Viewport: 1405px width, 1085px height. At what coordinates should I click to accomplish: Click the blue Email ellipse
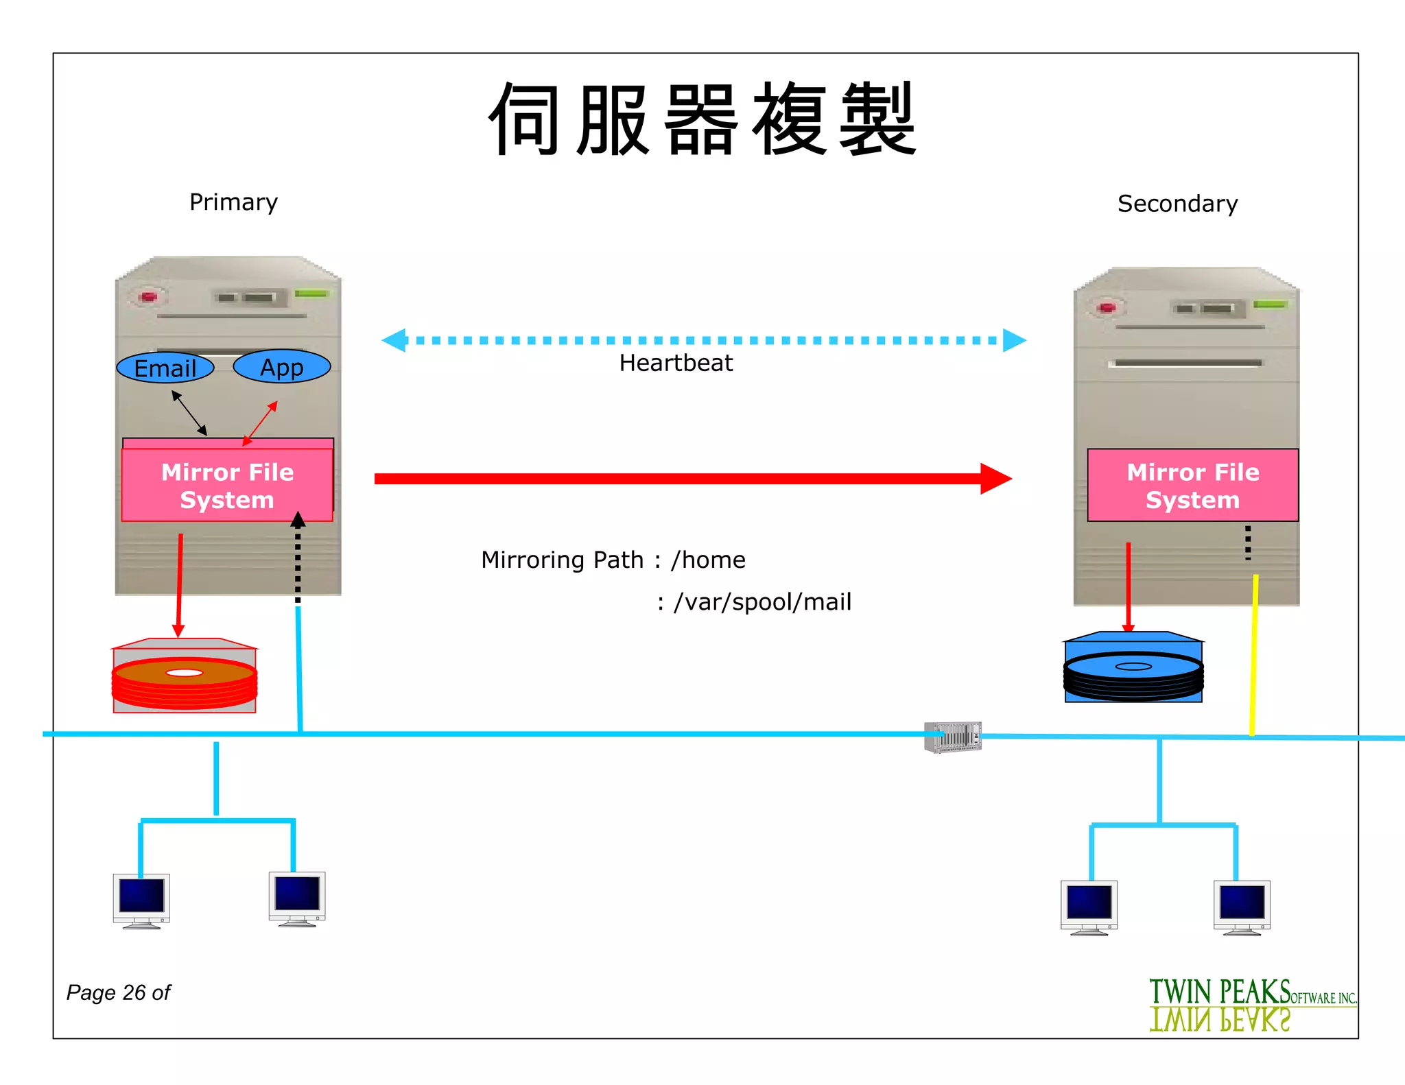tap(165, 368)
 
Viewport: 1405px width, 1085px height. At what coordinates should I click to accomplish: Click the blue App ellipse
tap(282, 367)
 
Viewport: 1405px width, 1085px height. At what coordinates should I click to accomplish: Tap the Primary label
tap(233, 202)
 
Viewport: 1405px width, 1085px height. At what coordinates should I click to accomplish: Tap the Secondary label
tap(1177, 204)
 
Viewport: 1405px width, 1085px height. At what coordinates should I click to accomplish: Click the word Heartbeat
tap(676, 363)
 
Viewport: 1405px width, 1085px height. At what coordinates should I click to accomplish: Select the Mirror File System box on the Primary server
tap(227, 486)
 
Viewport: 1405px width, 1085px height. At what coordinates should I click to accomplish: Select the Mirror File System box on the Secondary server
tap(1192, 486)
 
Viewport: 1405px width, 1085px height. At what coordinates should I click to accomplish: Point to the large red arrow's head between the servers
tap(996, 479)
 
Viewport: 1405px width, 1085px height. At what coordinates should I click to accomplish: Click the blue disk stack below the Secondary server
tap(1133, 669)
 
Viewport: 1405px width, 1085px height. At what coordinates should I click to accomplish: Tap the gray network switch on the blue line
tap(953, 737)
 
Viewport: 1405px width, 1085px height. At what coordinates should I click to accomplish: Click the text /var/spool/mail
tap(762, 602)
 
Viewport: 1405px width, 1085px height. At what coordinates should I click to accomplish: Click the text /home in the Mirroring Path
tap(708, 560)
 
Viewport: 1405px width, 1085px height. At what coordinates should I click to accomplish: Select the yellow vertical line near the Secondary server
tap(1254, 655)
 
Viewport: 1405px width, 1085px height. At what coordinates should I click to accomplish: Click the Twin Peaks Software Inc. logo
tap(1252, 1004)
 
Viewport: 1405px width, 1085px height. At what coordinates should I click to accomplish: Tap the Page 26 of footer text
tap(118, 992)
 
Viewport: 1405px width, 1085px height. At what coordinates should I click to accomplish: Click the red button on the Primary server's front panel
tap(148, 297)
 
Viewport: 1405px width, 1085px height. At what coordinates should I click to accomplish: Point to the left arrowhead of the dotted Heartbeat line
tap(394, 340)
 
